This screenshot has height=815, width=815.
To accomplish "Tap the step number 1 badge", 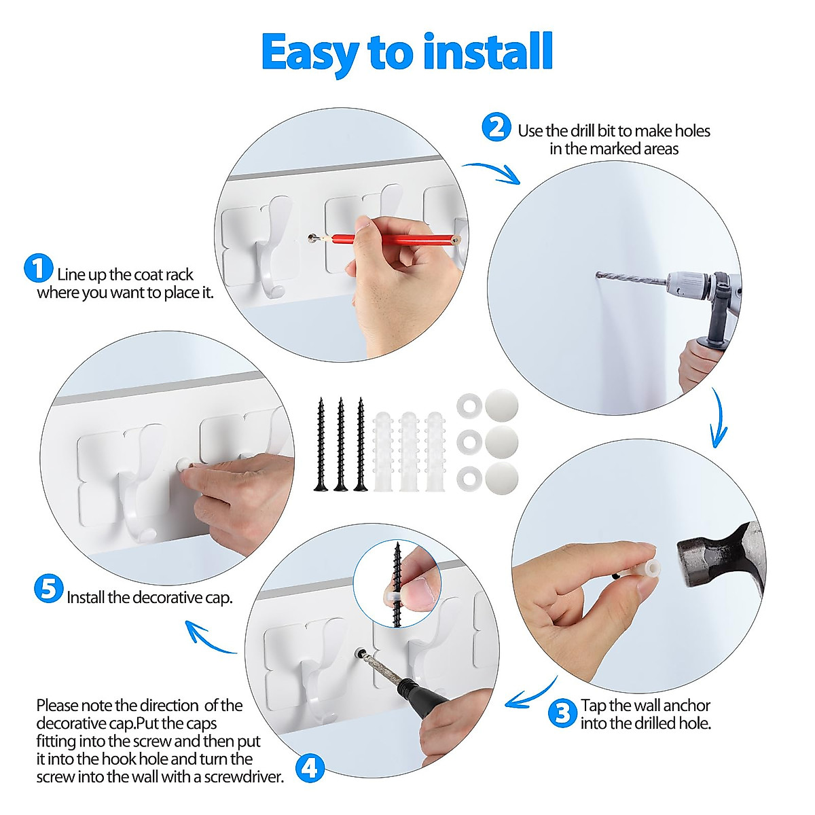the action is coord(39,268).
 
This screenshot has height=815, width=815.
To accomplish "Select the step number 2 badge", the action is coord(496,127).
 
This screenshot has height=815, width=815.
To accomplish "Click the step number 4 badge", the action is coord(310,768).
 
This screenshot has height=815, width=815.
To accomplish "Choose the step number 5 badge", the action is coord(49,588).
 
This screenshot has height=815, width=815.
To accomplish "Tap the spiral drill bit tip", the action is coord(598,275).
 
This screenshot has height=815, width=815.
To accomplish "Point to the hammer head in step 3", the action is coord(719,554).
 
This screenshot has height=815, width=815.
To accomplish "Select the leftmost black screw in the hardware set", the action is coord(321,444).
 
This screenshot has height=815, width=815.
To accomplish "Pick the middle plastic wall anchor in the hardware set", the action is coord(409,451).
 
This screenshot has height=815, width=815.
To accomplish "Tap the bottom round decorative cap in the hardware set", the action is coord(502,478).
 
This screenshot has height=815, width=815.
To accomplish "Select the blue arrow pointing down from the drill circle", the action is coord(717,417).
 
